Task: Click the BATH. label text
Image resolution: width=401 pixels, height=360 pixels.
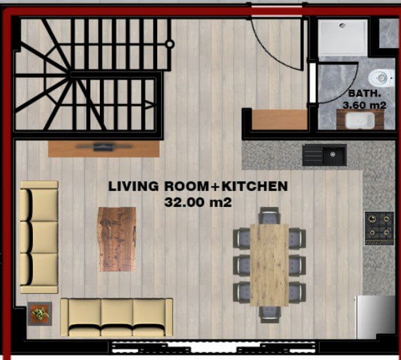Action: [364, 93]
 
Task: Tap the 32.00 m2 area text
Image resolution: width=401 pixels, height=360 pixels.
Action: [198, 202]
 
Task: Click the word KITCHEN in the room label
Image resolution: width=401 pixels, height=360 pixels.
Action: [254, 186]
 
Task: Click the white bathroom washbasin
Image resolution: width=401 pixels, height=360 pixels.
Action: [360, 120]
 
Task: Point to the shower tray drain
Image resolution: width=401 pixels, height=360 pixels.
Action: [342, 26]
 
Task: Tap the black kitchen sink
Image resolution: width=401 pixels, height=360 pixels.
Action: [325, 155]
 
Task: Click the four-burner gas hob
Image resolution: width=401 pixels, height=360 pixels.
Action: [379, 228]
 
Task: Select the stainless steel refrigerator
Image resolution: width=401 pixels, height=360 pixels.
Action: [376, 317]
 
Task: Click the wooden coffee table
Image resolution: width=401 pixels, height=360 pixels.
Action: [117, 239]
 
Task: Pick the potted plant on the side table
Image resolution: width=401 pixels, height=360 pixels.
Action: [40, 314]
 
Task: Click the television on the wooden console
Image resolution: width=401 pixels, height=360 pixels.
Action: [104, 147]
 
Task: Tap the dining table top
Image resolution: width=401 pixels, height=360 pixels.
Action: [269, 265]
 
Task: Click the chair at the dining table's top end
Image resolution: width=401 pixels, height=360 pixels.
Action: [269, 215]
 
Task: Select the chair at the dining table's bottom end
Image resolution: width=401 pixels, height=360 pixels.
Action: [269, 314]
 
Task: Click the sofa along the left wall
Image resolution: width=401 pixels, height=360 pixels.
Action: [39, 237]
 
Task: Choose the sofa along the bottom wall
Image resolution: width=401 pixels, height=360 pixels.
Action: [116, 317]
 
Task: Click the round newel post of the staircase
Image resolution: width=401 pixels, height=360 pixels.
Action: [169, 44]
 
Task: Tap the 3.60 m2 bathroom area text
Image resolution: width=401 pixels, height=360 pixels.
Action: [364, 106]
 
